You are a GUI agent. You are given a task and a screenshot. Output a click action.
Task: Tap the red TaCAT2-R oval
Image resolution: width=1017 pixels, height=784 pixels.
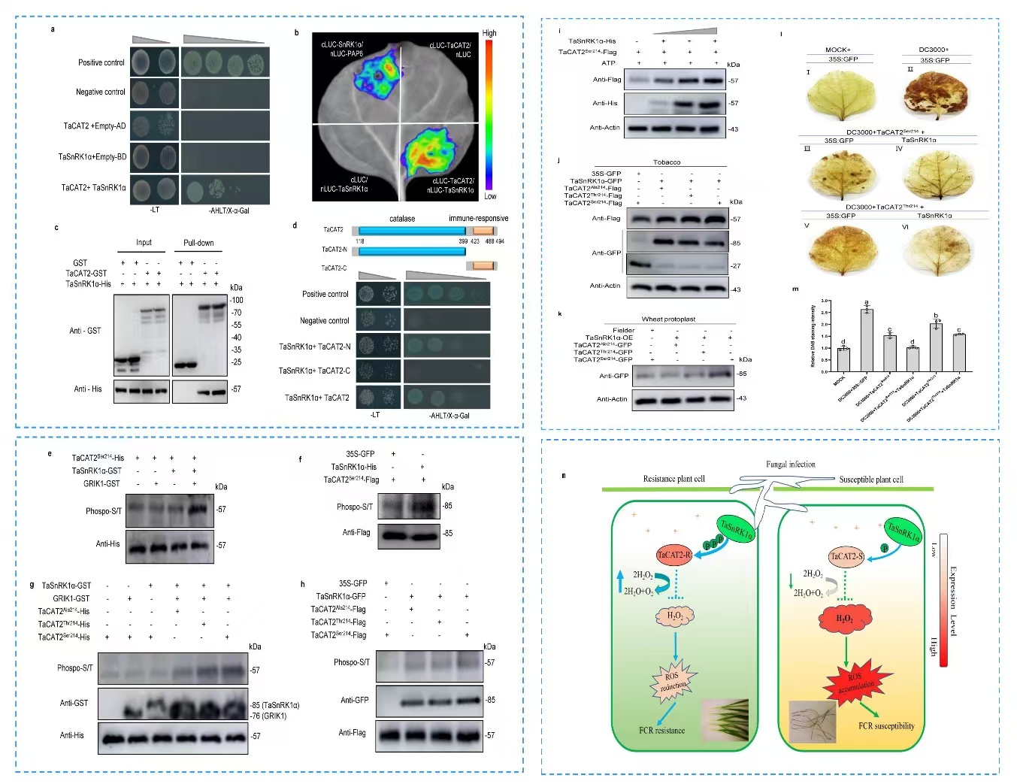673,555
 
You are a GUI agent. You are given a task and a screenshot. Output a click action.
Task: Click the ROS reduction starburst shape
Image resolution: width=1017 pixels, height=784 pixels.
673,680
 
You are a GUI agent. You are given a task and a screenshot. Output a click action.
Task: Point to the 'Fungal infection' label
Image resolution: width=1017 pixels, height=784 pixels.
790,465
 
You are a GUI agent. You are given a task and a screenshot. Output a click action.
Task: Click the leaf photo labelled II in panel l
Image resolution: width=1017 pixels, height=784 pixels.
934,98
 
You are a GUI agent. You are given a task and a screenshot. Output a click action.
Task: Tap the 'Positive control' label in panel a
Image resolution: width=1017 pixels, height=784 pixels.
101,62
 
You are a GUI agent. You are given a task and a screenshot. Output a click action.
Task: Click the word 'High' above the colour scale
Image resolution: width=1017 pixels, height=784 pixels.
489,33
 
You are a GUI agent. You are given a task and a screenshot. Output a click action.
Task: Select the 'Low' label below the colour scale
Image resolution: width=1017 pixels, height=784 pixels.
490,196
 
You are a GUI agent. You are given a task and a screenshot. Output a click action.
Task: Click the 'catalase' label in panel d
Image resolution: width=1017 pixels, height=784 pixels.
402,219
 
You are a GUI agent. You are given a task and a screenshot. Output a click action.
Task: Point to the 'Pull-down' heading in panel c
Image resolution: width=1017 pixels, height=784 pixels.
198,243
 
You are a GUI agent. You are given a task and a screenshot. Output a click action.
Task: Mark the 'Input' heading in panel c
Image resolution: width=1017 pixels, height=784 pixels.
144,243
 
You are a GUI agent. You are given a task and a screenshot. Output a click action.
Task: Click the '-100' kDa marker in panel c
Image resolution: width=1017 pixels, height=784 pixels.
236,300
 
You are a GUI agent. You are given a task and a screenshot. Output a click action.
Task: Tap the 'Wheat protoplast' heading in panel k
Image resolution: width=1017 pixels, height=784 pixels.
668,319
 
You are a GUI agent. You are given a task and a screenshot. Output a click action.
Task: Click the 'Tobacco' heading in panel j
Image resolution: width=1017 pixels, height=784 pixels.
666,162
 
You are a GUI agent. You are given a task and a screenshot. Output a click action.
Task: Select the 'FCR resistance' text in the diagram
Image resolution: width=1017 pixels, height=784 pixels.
661,730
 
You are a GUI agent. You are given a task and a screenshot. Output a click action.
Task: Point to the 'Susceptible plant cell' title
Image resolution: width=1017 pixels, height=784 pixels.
870,480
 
